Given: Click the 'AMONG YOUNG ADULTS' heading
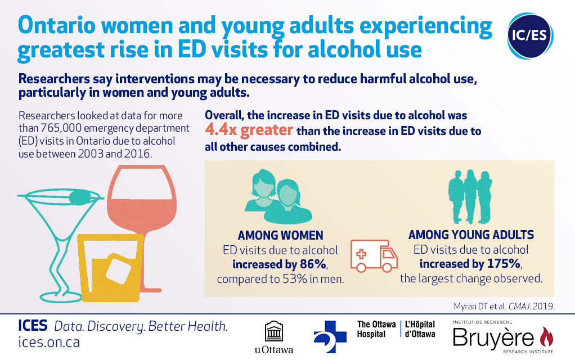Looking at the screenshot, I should [471, 235].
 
